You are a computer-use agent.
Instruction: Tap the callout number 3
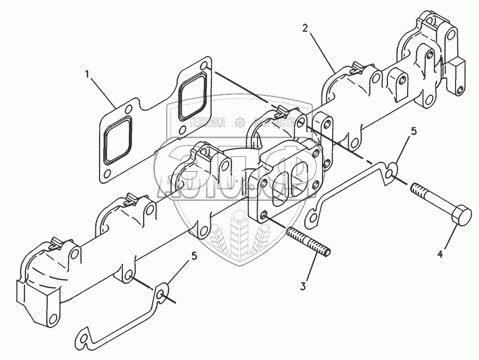pyautogui.click(x=303, y=287)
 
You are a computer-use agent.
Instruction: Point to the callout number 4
pyautogui.click(x=440, y=255)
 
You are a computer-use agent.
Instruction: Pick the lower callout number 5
pyautogui.click(x=194, y=256)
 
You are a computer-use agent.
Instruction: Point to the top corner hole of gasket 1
pyautogui.click(x=205, y=65)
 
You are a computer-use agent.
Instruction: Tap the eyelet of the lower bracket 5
pyautogui.click(x=161, y=294)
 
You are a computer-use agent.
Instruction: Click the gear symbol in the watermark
pyautogui.click(x=240, y=123)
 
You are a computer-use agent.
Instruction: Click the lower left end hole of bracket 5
pyautogui.click(x=82, y=337)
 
